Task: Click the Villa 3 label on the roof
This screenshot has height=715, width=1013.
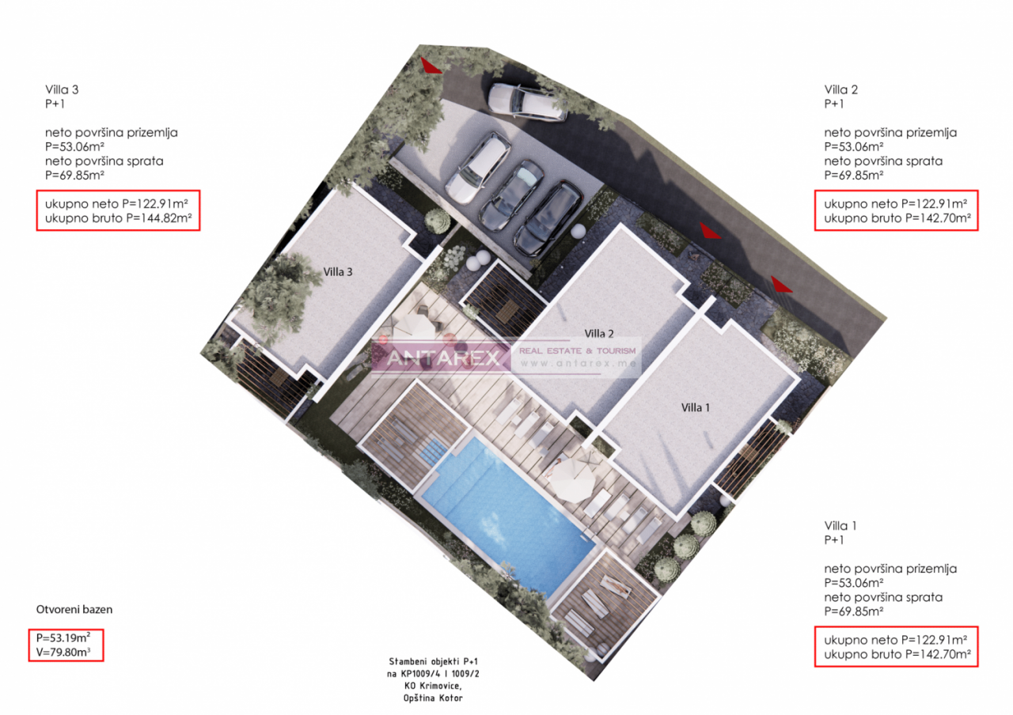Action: [338, 271]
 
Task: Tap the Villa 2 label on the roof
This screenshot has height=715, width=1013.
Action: [599, 333]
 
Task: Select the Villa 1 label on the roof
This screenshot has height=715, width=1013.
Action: [696, 407]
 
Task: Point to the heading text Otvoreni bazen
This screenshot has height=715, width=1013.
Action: [74, 610]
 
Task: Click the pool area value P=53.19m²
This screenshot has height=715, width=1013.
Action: [66, 637]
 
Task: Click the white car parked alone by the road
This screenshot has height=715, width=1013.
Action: [527, 102]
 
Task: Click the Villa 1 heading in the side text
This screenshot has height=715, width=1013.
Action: [840, 525]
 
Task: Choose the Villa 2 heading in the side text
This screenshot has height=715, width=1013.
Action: [840, 89]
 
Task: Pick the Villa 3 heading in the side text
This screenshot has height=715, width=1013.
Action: [62, 89]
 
